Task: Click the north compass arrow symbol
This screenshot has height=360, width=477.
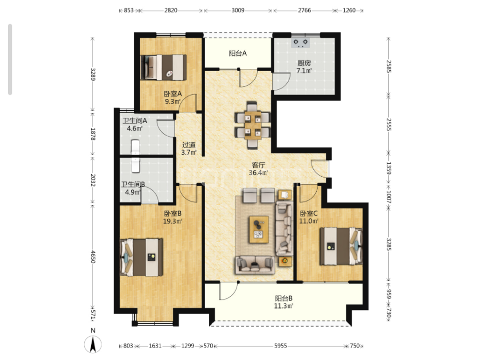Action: pos(93,344)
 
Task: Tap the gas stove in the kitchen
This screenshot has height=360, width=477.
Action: pos(301,43)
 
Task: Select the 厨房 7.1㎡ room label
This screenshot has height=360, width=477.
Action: pos(304,67)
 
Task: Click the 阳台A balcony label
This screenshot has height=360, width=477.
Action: pos(238,53)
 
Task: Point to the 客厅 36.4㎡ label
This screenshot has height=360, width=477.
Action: pos(259,169)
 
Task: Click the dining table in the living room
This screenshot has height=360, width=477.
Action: pos(253,126)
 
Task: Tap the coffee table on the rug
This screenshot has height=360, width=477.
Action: pos(259,229)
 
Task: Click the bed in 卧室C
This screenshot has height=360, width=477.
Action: pos(341,246)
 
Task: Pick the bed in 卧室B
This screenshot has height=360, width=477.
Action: pos(141,257)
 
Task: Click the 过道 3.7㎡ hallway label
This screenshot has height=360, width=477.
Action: pos(188,148)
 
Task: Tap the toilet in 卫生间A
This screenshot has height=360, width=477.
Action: pos(135,146)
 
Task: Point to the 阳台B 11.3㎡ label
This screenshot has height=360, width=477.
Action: pos(283,302)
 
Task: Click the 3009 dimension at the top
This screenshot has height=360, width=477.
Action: pos(238,10)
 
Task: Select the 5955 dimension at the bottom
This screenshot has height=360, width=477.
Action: pos(280,346)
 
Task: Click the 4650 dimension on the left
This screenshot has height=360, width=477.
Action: pos(93,257)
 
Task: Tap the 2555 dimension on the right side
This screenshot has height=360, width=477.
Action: pos(388,125)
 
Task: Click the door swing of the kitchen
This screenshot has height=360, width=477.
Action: pos(281,81)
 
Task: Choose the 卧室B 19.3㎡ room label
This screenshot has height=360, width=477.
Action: pos(173,217)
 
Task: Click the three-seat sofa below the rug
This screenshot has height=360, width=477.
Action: pos(255,265)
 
